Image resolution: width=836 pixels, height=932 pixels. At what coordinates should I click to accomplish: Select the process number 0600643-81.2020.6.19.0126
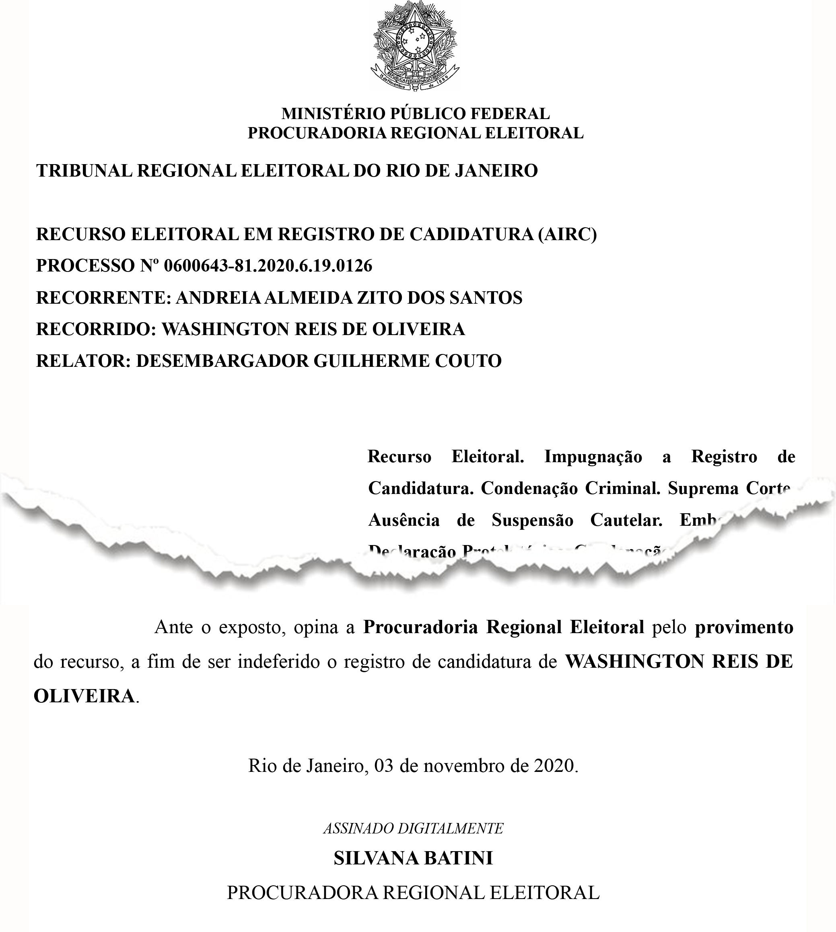[x=268, y=266]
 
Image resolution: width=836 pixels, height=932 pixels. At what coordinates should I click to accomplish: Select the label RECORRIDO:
[x=96, y=329]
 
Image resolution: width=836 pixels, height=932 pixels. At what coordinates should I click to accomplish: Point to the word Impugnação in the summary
[x=593, y=457]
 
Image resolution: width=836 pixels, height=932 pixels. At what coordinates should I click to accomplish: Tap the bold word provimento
[x=744, y=628]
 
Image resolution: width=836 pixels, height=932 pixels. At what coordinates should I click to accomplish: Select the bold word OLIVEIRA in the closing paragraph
[x=84, y=696]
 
